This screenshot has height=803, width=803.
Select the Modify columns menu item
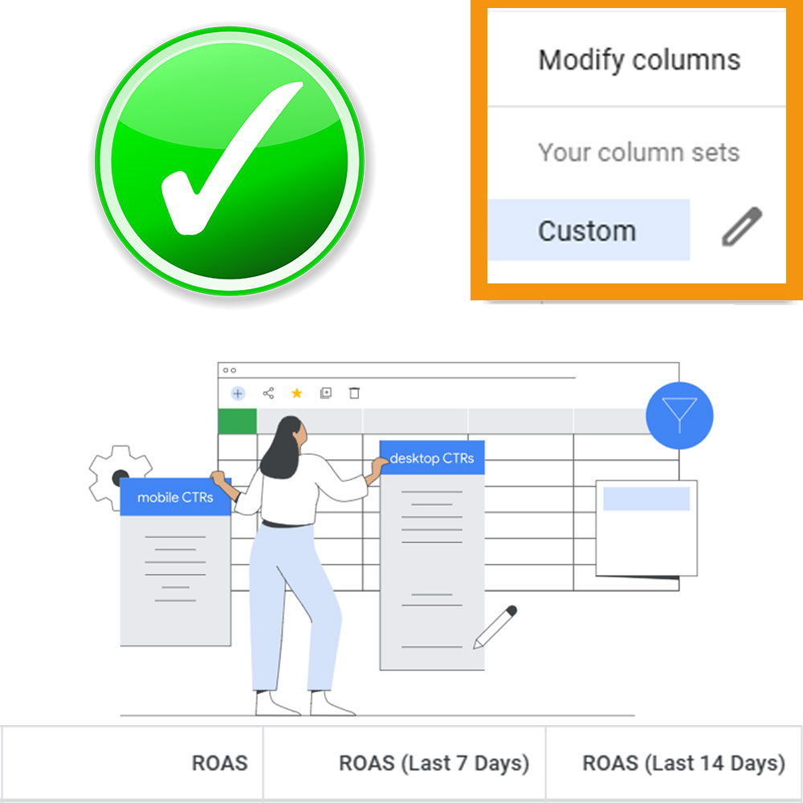[639, 60]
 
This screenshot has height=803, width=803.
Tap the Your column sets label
[638, 152]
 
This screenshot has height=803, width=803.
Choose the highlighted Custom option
[588, 230]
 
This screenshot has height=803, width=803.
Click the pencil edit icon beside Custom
[742, 226]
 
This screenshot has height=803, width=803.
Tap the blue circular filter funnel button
[679, 415]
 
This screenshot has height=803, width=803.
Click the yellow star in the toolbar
[296, 393]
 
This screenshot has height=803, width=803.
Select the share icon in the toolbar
[268, 393]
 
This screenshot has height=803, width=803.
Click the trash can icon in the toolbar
[354, 393]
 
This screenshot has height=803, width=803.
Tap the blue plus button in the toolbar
[238, 393]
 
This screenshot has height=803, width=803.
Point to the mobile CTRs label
[175, 497]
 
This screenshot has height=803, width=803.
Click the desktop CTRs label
[432, 458]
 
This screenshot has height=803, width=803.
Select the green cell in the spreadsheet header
[237, 421]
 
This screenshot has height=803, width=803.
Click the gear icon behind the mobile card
[120, 477]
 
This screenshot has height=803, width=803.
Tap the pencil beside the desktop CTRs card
[495, 627]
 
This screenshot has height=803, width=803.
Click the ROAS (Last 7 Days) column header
[434, 763]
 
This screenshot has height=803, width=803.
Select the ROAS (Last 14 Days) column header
[683, 763]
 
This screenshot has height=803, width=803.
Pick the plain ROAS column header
[220, 763]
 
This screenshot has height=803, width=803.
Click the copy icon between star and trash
[326, 393]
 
